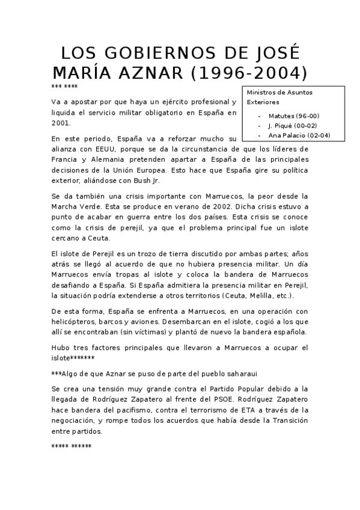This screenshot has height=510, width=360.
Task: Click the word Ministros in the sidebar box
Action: (x=262, y=93)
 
